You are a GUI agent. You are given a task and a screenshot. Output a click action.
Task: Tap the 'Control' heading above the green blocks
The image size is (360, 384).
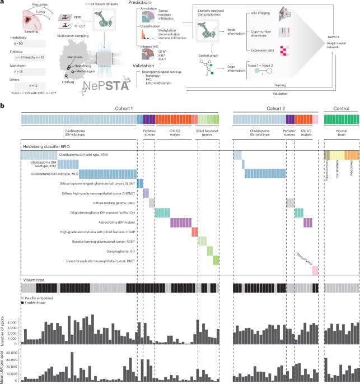339,108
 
